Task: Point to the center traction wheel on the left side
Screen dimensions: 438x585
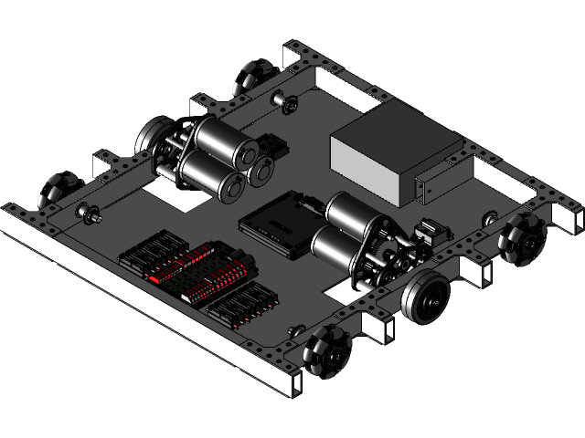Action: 152,137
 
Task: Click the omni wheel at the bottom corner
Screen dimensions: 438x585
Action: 322,355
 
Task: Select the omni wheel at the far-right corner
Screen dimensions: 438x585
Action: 523,236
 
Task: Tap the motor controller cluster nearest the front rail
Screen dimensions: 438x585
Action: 243,306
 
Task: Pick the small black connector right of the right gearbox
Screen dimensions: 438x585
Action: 430,233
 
